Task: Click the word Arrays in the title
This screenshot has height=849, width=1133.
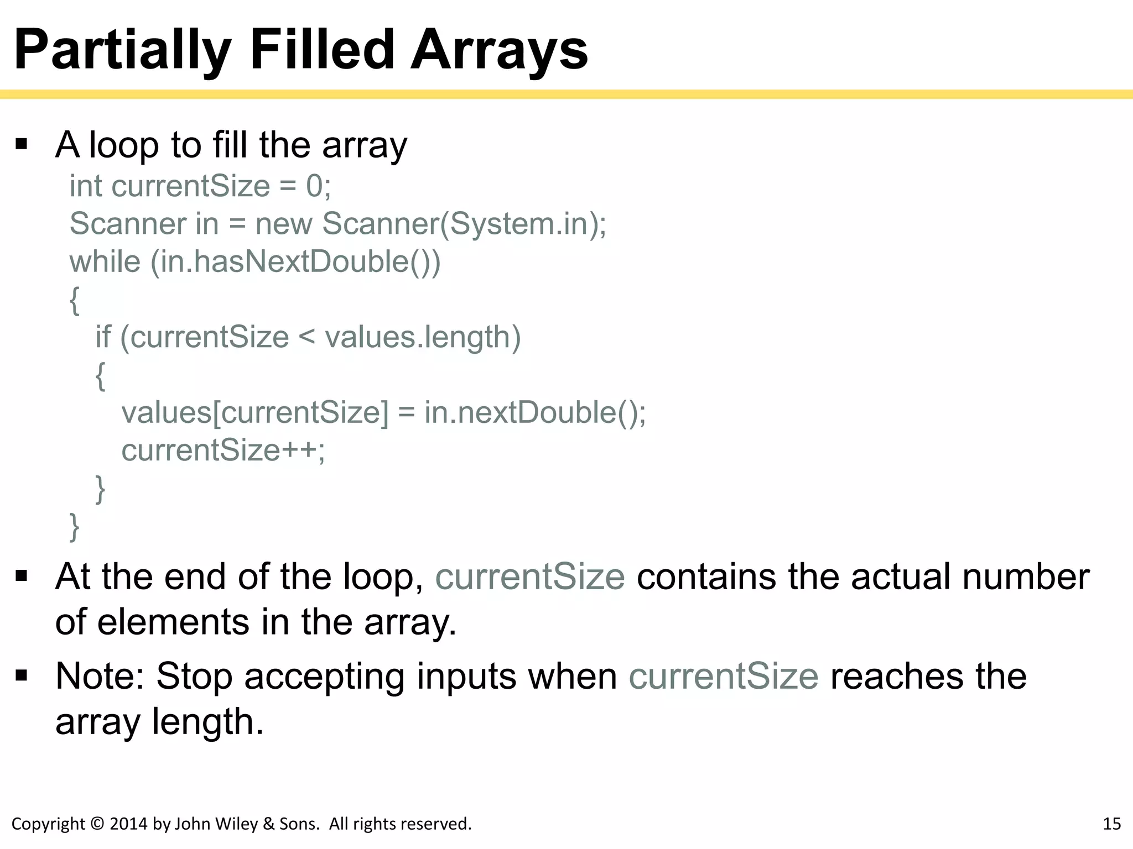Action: click(x=499, y=51)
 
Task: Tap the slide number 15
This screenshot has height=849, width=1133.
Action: click(x=1112, y=824)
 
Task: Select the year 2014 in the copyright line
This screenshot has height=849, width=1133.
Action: click(x=129, y=824)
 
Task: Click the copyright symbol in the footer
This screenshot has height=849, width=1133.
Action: click(x=97, y=824)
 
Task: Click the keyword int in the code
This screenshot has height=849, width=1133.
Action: click(x=86, y=186)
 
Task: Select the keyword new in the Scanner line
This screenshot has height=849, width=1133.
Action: click(x=283, y=224)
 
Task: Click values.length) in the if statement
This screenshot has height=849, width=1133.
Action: click(x=423, y=337)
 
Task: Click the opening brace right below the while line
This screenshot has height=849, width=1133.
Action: click(x=75, y=300)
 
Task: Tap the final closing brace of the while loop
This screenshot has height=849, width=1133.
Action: click(x=75, y=527)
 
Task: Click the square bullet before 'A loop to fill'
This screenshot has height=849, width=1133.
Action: click(x=22, y=145)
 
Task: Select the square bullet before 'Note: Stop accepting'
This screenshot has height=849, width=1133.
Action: click(x=22, y=675)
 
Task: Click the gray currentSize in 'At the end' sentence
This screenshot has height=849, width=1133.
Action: click(x=530, y=577)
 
